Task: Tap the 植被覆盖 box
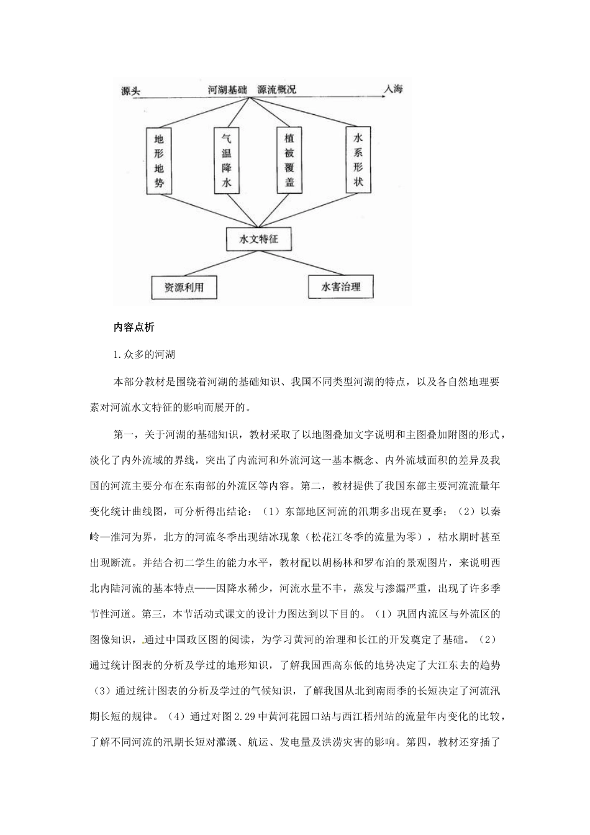point(289,160)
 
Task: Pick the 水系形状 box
point(358,160)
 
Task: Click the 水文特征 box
point(258,239)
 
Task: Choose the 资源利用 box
point(184,287)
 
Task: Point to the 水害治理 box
point(340,287)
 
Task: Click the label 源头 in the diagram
point(131,91)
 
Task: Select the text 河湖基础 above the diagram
point(228,89)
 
